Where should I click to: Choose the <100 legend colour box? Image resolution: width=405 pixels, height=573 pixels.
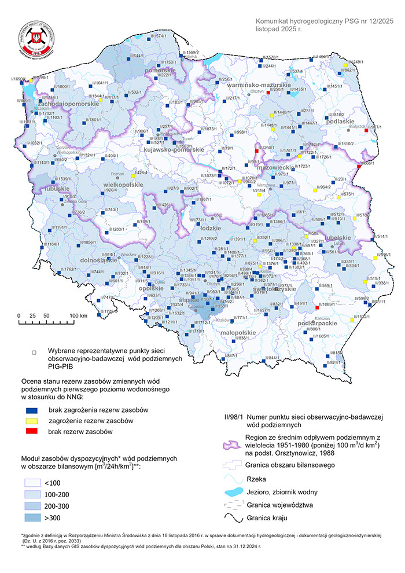coord(34,482)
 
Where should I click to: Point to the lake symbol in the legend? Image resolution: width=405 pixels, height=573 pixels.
coord(233,491)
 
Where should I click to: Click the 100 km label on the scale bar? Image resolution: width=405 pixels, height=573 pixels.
coord(78,315)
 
